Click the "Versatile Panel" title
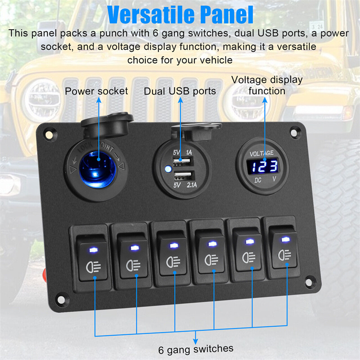tap(180, 15)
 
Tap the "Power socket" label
tap(96, 91)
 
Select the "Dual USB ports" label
tap(180, 91)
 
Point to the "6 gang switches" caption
tap(196, 349)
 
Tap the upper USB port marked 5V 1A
tap(183, 162)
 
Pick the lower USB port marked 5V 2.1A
tap(184, 176)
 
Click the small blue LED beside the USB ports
tap(168, 169)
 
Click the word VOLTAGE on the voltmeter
tap(261, 153)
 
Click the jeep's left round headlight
tap(42, 100)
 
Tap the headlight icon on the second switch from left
tap(133, 265)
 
